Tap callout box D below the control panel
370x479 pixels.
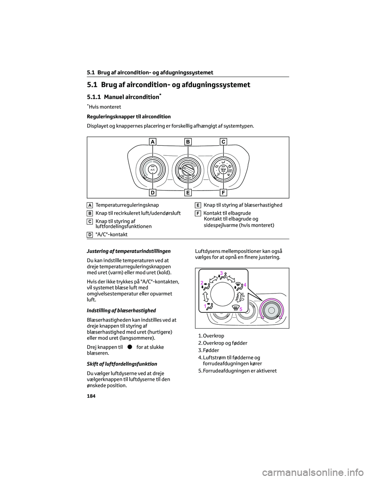pyautogui.click(x=153, y=192)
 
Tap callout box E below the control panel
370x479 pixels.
pyautogui.click(x=188, y=192)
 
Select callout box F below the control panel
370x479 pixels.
pyautogui.click(x=223, y=192)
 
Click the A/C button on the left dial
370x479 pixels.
pyautogui.click(x=153, y=169)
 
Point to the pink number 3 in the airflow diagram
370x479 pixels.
pyautogui.click(x=222, y=273)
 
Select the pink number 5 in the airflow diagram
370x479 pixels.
pyautogui.click(x=240, y=309)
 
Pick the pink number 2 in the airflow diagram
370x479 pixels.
pyautogui.click(x=202, y=283)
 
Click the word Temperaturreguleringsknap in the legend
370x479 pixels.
pyautogui.click(x=127, y=205)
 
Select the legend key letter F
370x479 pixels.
pyautogui.click(x=197, y=213)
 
